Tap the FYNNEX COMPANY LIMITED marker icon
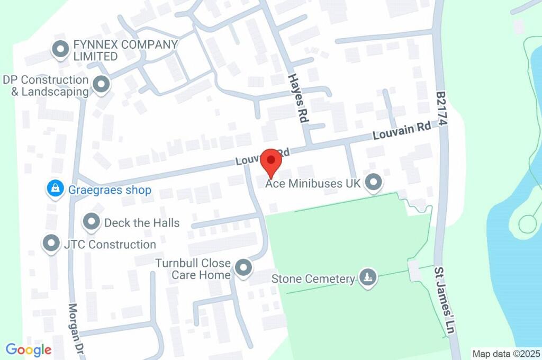click(60, 50)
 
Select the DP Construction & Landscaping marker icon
click(101, 84)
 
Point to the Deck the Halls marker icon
click(92, 222)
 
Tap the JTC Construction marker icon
click(51, 244)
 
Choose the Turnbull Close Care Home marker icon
click(243, 268)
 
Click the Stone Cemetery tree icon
click(367, 277)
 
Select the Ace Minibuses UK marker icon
click(374, 183)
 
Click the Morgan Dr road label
click(77, 324)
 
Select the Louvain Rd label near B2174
click(401, 131)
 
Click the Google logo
click(29, 349)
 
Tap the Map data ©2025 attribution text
click(505, 354)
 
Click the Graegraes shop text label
click(110, 190)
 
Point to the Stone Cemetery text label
click(312, 278)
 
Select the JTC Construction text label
click(122, 244)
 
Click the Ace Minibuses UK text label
click(313, 184)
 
